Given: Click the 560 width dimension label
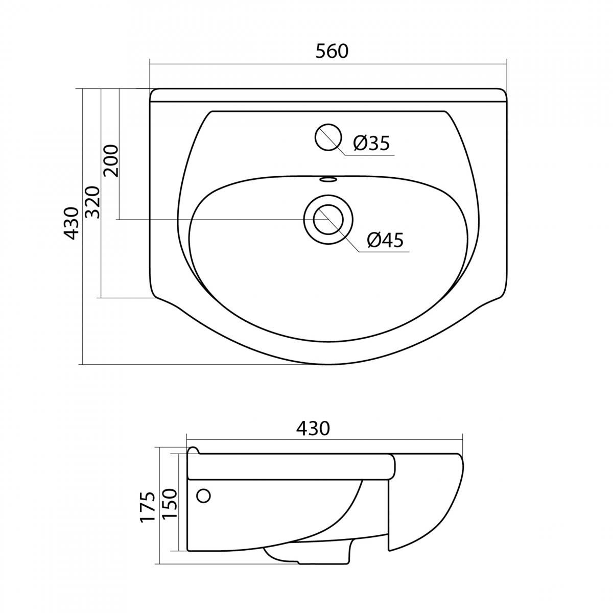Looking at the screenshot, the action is coord(332,52).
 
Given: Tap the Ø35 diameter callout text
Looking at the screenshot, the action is coord(371,143).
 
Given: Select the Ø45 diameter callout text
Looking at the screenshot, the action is coord(385,240).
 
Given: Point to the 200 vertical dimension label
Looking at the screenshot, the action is coord(111,160).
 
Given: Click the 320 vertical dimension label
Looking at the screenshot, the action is coord(93,202).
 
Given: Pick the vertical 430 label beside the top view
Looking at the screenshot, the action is coord(70,223).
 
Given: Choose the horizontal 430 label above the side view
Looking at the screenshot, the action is coord(313,429).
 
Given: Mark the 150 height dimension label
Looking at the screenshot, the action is coord(169,504).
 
